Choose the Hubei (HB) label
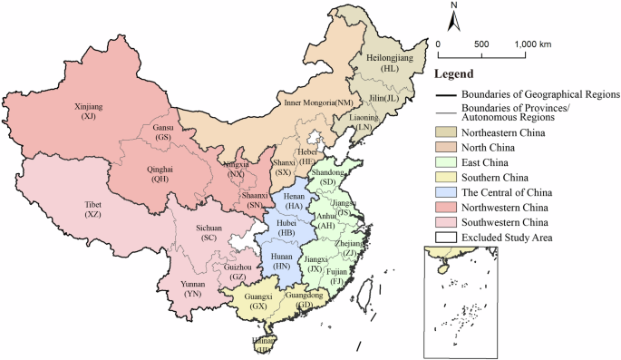(x=287, y=229)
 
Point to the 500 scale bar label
(x=481, y=44)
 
